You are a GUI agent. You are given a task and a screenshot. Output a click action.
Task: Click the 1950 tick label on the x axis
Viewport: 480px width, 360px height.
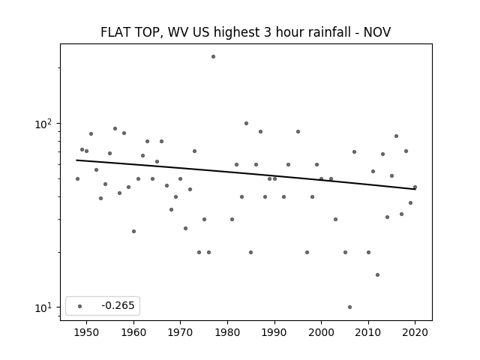pos(87,332)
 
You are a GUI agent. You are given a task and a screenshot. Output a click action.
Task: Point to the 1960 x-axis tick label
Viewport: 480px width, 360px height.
pos(133,332)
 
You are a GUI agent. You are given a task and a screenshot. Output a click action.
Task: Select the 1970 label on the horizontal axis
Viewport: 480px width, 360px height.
pos(180,332)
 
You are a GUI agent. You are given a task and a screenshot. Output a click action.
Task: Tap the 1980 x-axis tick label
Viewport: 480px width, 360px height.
pos(227,332)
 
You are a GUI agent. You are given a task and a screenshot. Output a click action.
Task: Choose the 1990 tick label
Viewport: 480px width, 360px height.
pos(274,332)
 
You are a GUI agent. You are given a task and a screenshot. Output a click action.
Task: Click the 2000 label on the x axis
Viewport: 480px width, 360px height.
pos(321,332)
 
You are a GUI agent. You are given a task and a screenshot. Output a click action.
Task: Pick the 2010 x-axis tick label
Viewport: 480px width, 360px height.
pos(368,332)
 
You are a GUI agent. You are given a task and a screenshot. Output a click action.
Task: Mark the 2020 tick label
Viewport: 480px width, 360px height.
pos(415,332)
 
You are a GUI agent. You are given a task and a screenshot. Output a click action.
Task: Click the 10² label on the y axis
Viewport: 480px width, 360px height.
pos(43,124)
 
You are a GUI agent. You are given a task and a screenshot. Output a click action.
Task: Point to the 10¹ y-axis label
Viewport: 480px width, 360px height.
pos(43,307)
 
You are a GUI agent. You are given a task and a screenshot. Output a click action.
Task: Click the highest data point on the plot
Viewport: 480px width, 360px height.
pos(213,57)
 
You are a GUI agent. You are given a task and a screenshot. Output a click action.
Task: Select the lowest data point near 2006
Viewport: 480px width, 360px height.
pos(350,307)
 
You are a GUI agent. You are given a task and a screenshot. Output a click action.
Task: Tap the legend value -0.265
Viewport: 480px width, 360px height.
pos(118,305)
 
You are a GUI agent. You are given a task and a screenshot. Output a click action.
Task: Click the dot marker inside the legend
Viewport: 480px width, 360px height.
pos(80,306)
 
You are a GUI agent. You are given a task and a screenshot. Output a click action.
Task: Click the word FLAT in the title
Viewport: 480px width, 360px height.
pos(111,32)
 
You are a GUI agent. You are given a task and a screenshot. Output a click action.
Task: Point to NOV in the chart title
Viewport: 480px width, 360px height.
pos(376,32)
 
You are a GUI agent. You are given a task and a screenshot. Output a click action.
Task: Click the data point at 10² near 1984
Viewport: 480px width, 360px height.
pos(246,123)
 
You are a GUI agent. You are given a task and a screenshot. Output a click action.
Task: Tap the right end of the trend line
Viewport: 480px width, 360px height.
pos(415,189)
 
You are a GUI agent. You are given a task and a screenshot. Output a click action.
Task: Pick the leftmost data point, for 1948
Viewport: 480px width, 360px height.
pos(77,178)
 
